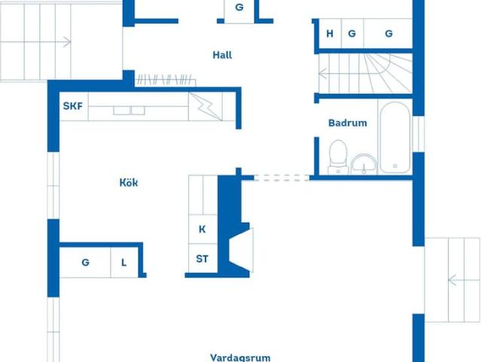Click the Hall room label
[222, 54]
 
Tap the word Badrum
[347, 123]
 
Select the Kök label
[129, 183]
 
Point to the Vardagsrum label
[239, 357]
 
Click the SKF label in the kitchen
[72, 106]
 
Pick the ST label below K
[202, 259]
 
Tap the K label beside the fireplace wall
[202, 229]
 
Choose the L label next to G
[124, 262]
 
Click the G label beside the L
[86, 262]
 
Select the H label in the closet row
[330, 33]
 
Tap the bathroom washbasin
[363, 162]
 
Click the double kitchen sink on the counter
[130, 109]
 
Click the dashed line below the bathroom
[283, 178]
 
